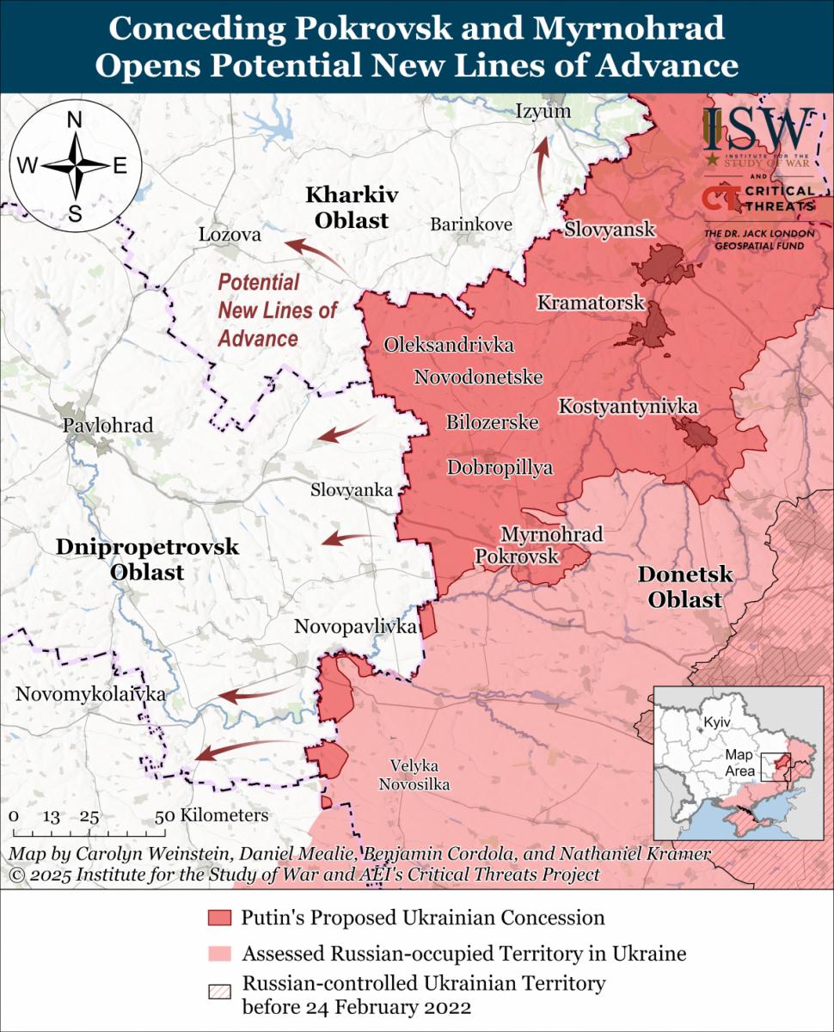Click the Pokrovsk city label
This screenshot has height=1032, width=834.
pos(517,556)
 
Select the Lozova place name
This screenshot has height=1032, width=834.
pos(230,235)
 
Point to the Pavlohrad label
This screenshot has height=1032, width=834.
pos(107,425)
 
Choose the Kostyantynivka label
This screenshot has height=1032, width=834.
pos(628,406)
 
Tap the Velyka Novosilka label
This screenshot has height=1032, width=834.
pos(419,774)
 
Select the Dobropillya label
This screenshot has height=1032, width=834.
pos(500,468)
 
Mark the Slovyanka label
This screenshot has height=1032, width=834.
pos(352,490)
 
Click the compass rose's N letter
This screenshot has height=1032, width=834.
pos(75,121)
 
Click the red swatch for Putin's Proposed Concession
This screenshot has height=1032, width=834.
pos(219,918)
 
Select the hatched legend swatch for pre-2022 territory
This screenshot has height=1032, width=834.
pos(219,992)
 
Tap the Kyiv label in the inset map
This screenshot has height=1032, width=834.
pos(715,722)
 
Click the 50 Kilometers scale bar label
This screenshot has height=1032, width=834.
pos(212,815)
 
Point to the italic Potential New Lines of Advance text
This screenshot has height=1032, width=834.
pos(277,310)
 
